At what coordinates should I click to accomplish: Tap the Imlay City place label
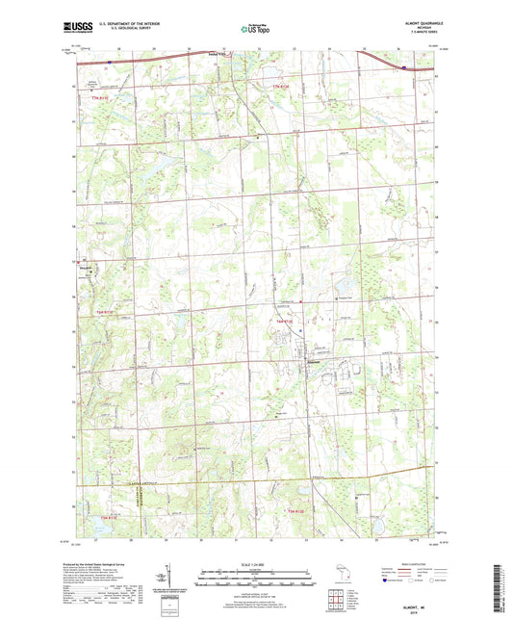218,54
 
